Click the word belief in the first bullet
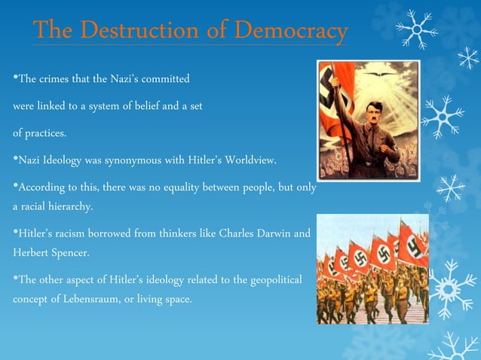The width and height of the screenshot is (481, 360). pos(159,106)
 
